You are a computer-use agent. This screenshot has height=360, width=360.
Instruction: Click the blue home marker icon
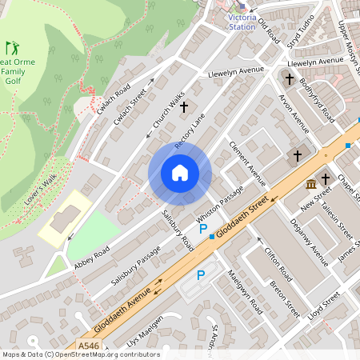click(x=180, y=173)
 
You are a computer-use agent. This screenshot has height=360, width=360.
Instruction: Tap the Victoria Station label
click(x=242, y=21)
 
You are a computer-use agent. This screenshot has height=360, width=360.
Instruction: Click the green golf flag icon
click(x=11, y=48)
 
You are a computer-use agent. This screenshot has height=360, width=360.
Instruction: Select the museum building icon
click(x=310, y=186)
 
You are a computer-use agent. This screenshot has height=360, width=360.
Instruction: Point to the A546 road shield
click(x=89, y=346)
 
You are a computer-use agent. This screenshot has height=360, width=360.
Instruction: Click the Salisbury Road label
click(x=178, y=229)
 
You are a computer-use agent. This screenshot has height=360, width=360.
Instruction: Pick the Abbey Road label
click(x=90, y=255)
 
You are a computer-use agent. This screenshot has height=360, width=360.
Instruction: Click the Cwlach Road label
click(x=113, y=98)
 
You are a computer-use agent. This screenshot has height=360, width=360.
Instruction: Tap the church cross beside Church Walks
click(x=183, y=106)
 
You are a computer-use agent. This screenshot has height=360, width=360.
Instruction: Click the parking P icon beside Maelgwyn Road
click(x=201, y=275)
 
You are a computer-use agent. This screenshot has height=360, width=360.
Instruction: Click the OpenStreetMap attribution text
click(x=80, y=354)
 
